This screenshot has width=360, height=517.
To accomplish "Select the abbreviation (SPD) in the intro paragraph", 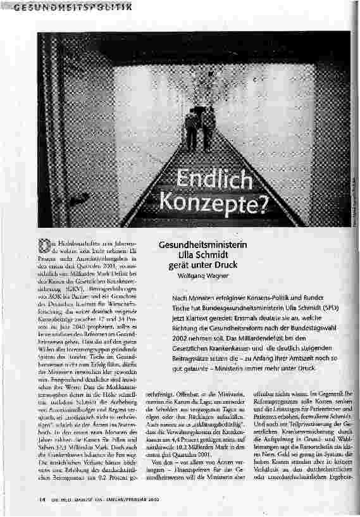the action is coord(333,306).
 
